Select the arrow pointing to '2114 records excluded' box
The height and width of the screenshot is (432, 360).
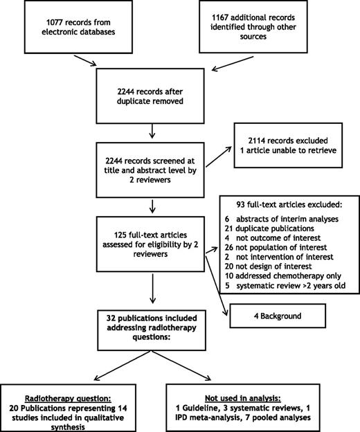pos(215,165)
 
